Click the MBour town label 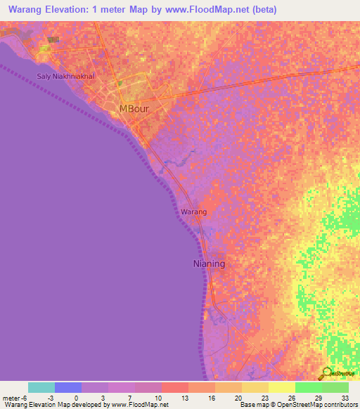pyautogui.click(x=134, y=109)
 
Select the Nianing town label pyautogui.click(x=209, y=264)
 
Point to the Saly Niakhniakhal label pyautogui.click(x=65, y=76)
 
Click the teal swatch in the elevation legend pyautogui.click(x=41, y=387)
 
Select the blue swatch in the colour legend pyautogui.click(x=68, y=387)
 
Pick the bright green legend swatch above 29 pyautogui.click(x=308, y=387)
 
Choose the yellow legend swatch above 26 pyautogui.click(x=281, y=387)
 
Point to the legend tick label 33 pyautogui.click(x=345, y=397)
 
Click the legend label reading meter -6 pyautogui.click(x=15, y=397)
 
